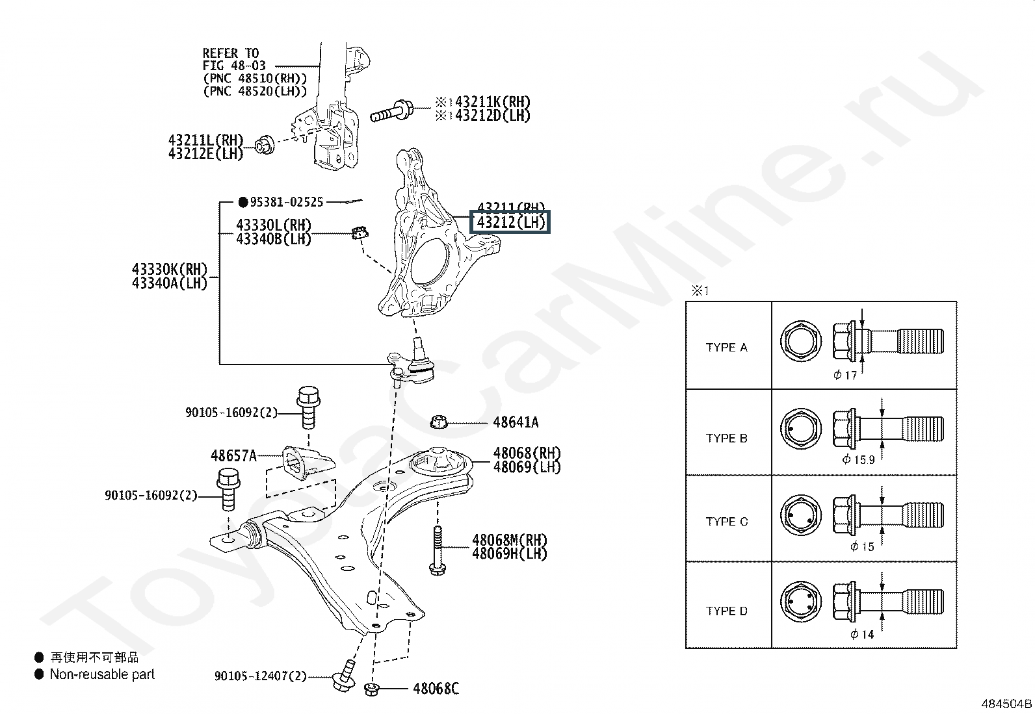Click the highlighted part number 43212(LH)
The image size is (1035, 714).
(510, 223)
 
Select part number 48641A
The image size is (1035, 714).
(516, 422)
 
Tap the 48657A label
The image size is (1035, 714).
(233, 455)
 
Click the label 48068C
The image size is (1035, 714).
(436, 689)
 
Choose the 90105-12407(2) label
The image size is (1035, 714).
(260, 676)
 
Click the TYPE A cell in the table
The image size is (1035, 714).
(727, 348)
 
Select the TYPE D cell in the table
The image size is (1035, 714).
(727, 611)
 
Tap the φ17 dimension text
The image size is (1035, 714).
(845, 375)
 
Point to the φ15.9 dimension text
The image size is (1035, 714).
(858, 460)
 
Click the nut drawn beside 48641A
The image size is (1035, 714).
(439, 423)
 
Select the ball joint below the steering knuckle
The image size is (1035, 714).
(412, 364)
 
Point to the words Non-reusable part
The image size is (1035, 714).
(102, 674)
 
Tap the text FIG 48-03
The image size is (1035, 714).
(230, 66)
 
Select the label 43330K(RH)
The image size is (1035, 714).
(169, 269)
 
